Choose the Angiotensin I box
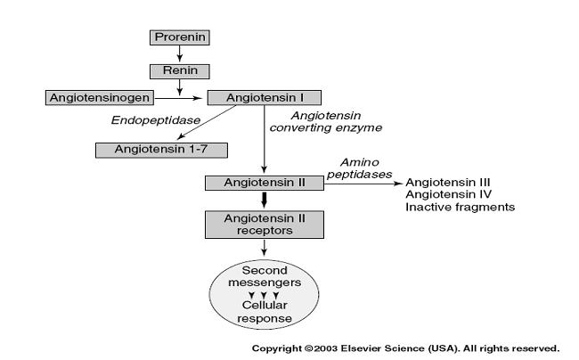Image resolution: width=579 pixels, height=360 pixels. (264, 96)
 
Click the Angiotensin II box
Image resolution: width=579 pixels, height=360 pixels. (263, 183)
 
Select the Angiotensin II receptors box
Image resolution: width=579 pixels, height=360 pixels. (264, 225)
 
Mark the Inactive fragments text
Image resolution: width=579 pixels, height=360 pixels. (460, 207)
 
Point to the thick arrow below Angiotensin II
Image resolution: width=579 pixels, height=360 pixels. (264, 201)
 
